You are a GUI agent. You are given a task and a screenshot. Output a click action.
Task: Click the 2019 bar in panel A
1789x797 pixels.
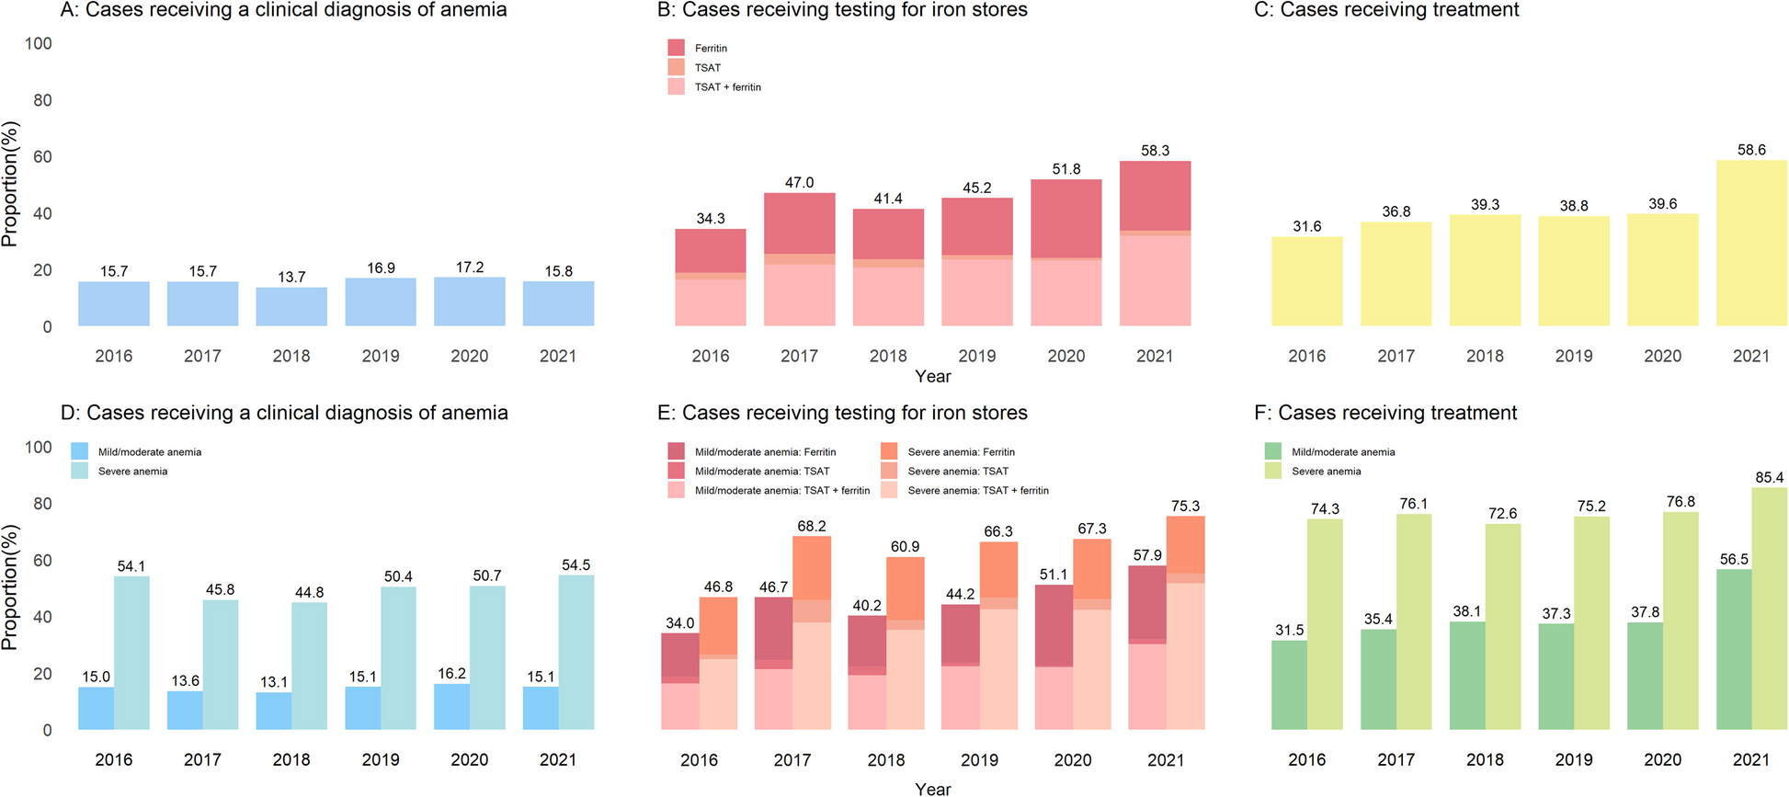[381, 302]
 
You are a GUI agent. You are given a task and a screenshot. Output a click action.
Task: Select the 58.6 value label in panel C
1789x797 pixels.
[1751, 150]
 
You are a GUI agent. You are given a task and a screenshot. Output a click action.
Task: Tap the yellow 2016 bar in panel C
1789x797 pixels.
[1306, 281]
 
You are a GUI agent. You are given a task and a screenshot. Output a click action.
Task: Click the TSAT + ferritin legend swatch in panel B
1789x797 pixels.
[677, 87]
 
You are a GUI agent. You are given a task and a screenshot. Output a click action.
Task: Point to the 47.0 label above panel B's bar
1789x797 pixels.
[799, 183]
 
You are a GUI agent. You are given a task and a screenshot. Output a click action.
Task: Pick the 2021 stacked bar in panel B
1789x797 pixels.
[1155, 244]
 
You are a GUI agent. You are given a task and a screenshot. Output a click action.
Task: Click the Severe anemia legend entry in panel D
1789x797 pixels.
[132, 472]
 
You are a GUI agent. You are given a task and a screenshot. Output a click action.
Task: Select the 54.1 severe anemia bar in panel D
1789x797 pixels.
[131, 653]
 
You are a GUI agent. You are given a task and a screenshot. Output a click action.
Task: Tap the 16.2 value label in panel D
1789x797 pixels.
[451, 674]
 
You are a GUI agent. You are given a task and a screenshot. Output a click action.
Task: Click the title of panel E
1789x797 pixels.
[842, 413]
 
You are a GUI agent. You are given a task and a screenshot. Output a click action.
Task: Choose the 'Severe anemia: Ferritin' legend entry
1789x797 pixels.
[961, 452]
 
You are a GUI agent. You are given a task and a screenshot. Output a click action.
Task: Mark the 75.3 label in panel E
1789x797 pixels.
[1185, 507]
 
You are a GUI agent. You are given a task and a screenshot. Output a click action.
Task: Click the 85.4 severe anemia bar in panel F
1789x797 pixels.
[1769, 609]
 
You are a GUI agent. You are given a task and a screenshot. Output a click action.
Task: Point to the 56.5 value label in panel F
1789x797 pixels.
[1734, 559]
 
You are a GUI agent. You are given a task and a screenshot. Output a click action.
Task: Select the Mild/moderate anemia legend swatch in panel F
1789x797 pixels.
[1272, 452]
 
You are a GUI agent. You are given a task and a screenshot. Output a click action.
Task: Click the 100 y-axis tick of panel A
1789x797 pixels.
[39, 43]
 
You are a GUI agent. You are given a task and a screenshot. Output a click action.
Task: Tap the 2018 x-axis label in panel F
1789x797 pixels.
[1485, 760]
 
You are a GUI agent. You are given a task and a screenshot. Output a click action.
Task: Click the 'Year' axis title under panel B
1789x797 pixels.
[933, 376]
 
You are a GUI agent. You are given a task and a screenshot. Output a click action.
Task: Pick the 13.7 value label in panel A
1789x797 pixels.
[291, 277]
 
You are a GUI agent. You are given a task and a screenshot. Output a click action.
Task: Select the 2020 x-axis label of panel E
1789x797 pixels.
[1073, 760]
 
